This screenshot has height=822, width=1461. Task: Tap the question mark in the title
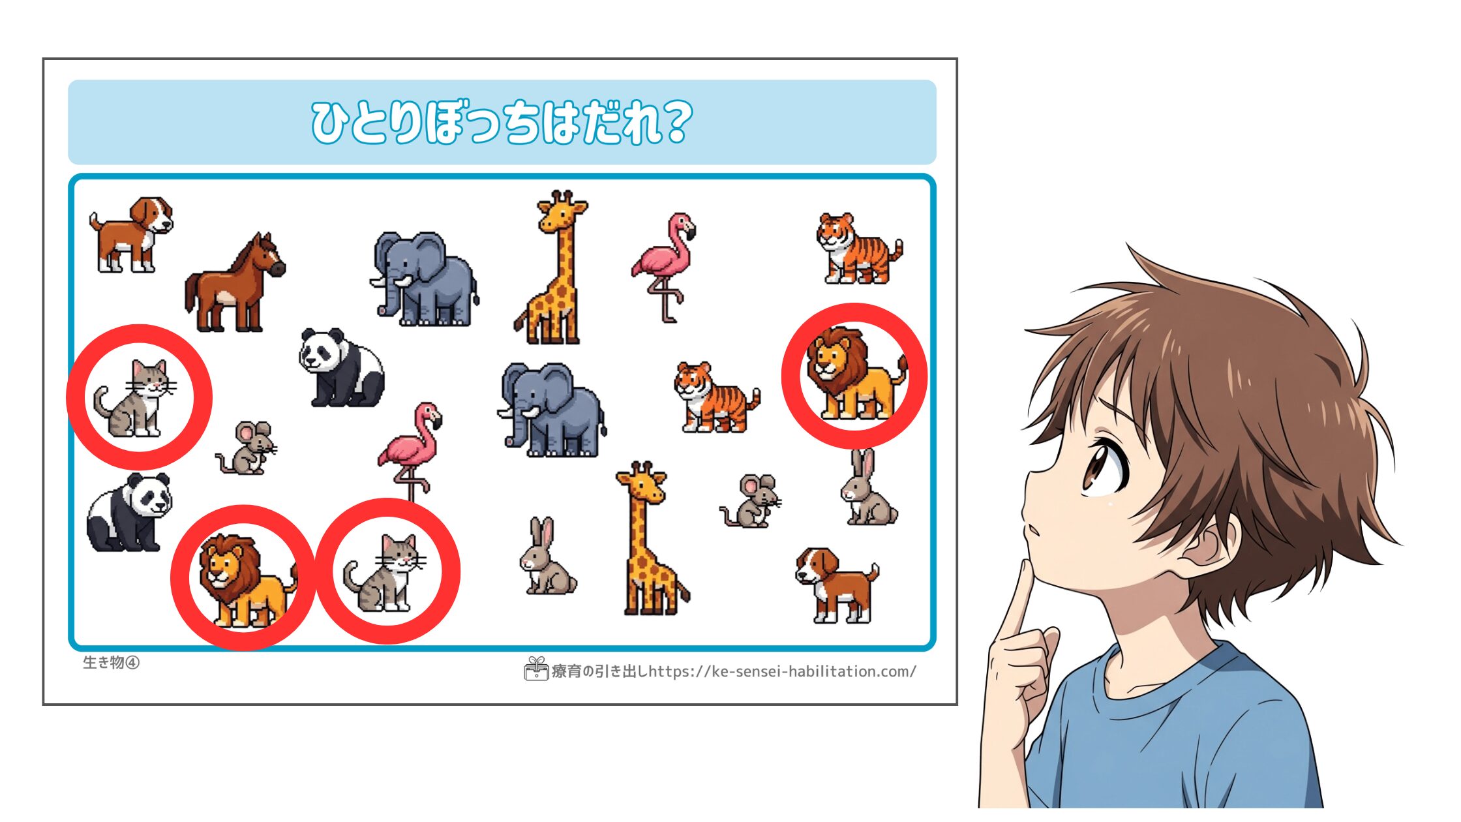[672, 121]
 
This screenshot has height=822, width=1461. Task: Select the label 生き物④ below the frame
[111, 662]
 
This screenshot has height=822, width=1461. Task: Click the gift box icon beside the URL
[536, 669]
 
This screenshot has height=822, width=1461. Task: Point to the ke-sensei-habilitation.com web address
[783, 671]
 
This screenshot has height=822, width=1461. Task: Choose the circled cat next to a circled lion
[385, 572]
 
